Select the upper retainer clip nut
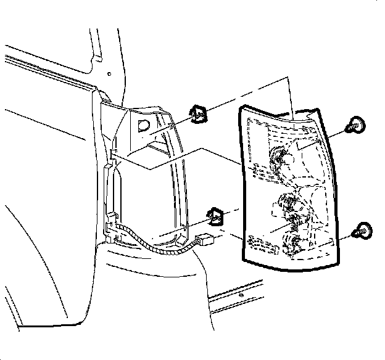(x=198, y=113)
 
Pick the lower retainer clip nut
(x=215, y=216)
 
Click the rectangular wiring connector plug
(x=204, y=240)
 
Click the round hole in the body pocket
(x=143, y=127)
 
